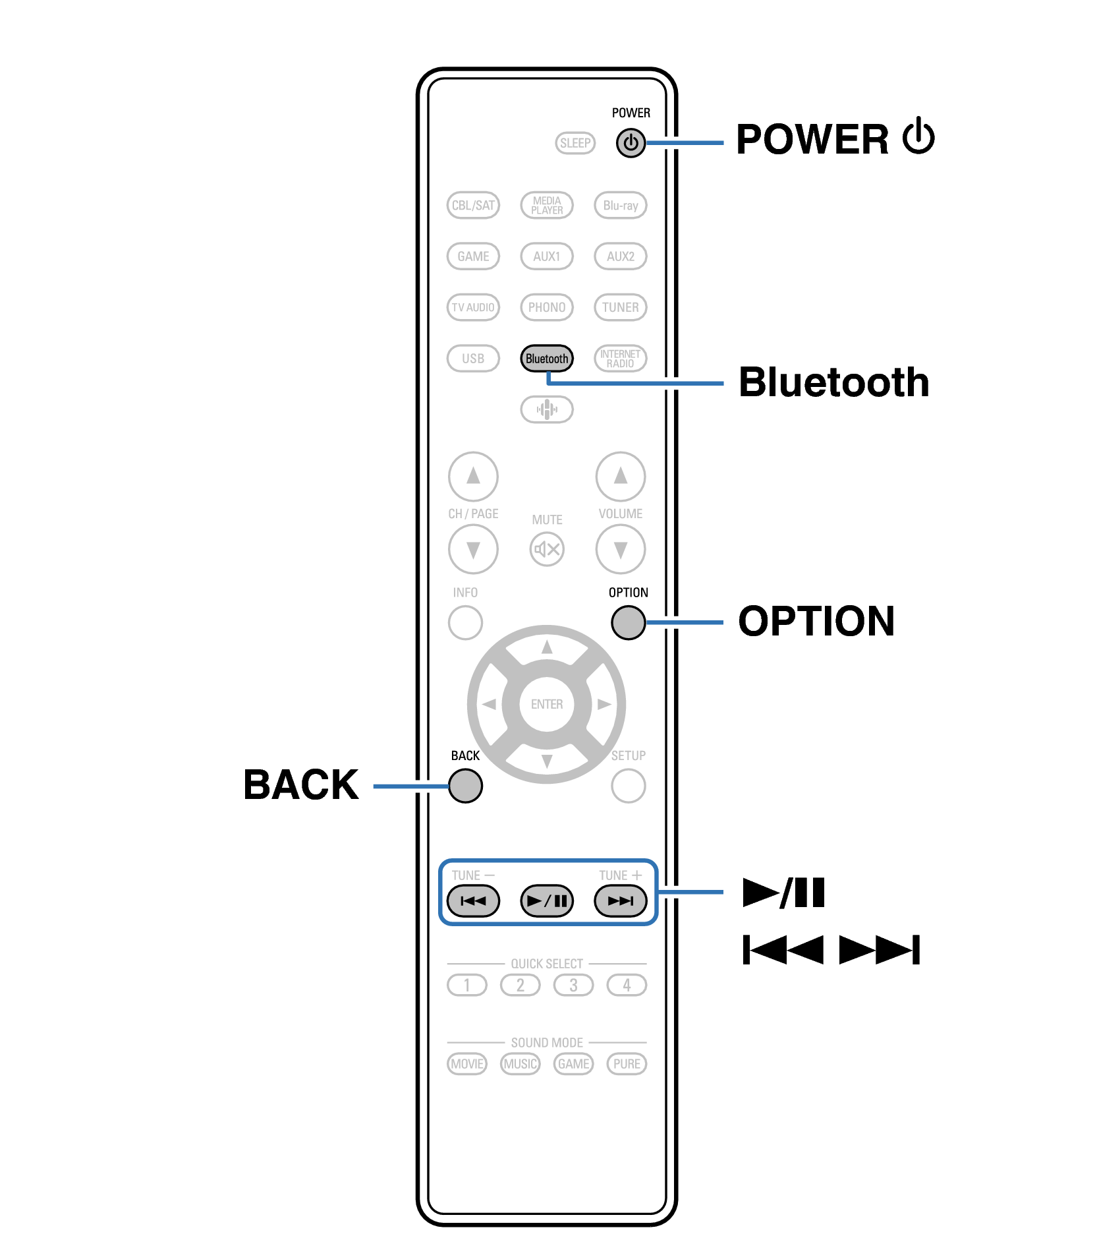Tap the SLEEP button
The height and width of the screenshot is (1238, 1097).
tap(575, 143)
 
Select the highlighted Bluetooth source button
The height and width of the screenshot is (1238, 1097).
tap(546, 359)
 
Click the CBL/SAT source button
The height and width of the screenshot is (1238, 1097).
tap(473, 205)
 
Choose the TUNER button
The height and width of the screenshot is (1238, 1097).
tap(620, 307)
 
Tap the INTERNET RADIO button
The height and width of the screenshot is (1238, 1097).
tap(620, 359)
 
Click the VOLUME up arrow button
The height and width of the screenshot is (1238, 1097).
tap(620, 476)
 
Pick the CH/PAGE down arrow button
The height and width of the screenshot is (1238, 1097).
tap(473, 549)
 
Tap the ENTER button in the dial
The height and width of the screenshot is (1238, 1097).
tap(546, 704)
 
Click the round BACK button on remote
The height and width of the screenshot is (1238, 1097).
tap(465, 786)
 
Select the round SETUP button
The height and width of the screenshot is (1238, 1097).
tap(628, 786)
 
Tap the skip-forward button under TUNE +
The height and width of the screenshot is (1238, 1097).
tap(620, 901)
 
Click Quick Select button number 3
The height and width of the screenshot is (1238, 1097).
tap(573, 986)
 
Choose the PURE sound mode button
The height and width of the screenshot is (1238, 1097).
tap(627, 1064)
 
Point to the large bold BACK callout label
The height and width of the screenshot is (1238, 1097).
tap(301, 785)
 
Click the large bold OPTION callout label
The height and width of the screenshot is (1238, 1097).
tap(816, 622)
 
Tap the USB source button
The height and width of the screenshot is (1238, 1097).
tap(473, 359)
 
